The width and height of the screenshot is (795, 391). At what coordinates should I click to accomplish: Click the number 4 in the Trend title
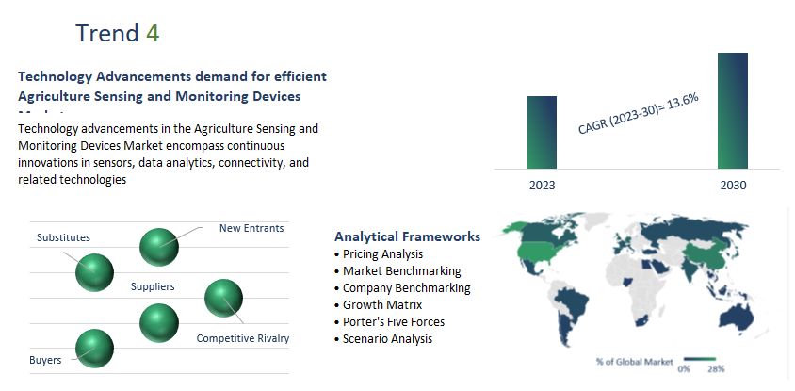click(x=153, y=33)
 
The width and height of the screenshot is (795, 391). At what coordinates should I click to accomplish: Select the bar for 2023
click(x=542, y=132)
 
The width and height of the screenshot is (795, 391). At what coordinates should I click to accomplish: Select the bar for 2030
click(x=732, y=110)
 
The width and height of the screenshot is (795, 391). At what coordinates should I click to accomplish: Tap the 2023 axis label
click(x=542, y=186)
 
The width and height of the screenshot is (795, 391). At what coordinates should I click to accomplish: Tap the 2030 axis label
click(x=733, y=186)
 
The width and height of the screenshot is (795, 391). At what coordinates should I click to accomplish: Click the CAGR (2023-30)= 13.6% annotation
click(x=638, y=114)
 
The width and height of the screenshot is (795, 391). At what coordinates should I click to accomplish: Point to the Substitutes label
click(x=63, y=237)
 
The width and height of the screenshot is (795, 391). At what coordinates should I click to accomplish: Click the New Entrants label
click(x=251, y=228)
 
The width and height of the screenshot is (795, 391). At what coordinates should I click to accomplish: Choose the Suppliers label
click(x=153, y=286)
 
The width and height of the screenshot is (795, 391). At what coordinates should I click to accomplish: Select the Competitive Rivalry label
click(x=242, y=338)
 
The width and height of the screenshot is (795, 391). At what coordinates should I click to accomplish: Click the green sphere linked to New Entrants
click(x=158, y=247)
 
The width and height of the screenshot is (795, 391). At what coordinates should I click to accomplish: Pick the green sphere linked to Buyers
click(x=94, y=348)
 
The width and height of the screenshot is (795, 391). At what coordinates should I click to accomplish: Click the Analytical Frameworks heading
click(x=407, y=236)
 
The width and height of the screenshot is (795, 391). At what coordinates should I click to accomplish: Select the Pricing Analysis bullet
click(x=382, y=254)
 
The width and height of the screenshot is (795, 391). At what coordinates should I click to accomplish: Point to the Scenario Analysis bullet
click(x=387, y=339)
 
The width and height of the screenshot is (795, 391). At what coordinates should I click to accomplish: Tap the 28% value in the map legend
click(x=716, y=368)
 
